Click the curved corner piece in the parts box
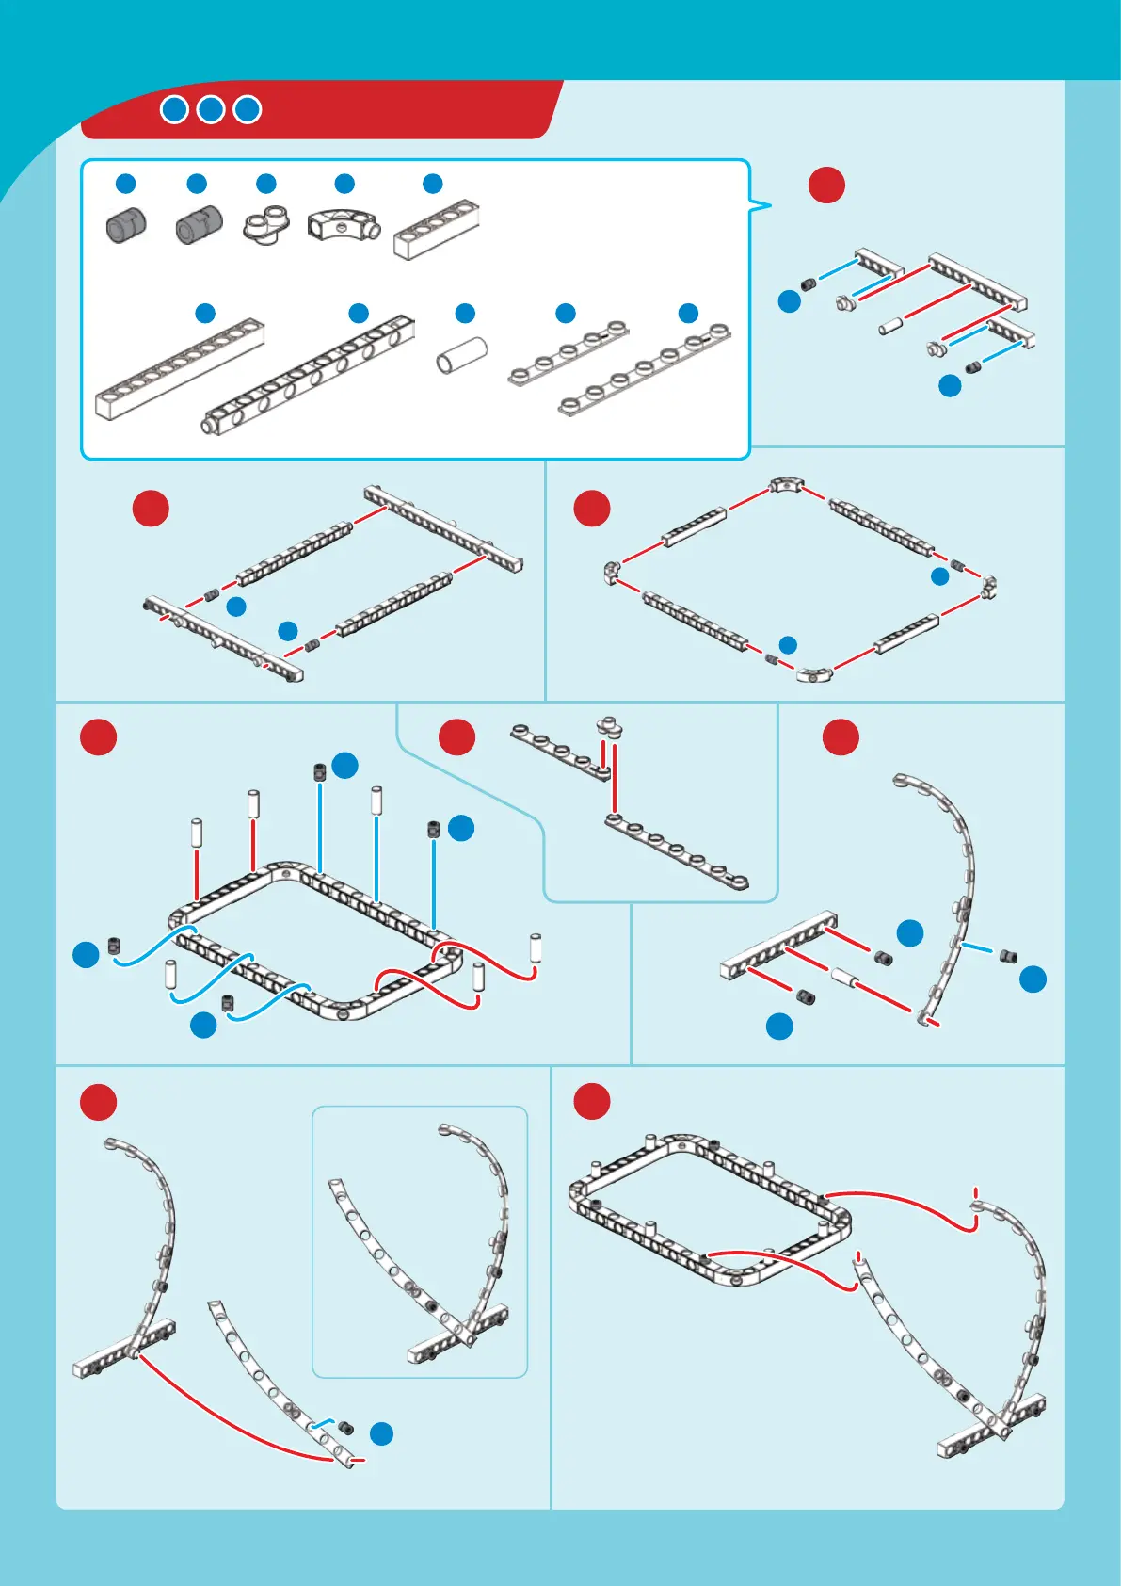343,224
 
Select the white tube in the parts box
462,355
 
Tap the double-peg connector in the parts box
266,226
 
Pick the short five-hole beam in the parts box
436,230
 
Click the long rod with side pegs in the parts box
310,374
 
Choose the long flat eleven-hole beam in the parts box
179,370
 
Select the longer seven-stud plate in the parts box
645,369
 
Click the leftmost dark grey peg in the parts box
125,226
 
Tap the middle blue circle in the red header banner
211,109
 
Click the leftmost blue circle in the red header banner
174,109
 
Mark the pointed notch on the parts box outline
764,204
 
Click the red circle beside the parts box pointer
826,185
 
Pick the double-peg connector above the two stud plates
610,727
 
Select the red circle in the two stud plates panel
456,736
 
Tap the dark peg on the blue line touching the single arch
1007,957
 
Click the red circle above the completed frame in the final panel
592,1101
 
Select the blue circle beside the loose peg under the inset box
381,1433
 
